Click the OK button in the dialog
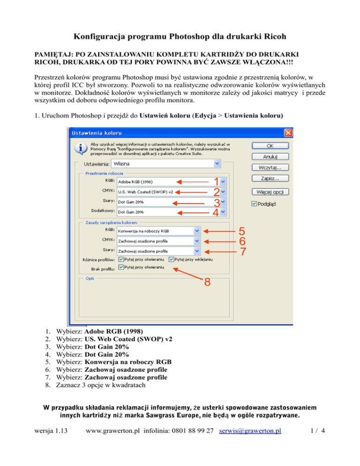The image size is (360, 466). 270,146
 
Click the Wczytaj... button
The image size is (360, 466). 270,167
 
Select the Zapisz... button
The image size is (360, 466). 270,179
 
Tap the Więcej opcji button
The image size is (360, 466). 270,192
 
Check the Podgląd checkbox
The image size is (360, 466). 255,203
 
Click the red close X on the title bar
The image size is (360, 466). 288,133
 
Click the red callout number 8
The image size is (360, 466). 207,282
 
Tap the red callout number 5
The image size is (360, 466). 241,231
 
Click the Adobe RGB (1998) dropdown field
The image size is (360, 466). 172,181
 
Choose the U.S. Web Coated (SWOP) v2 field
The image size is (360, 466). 172,192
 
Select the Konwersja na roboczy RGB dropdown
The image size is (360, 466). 158,231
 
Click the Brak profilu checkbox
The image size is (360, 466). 121,267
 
